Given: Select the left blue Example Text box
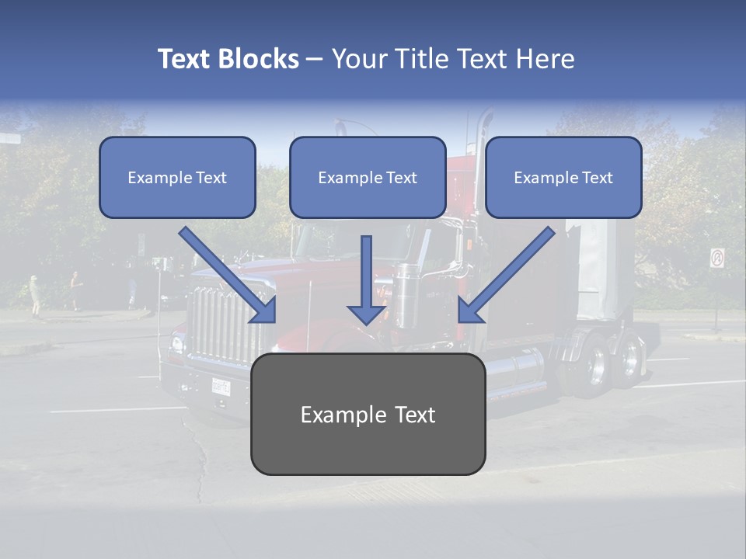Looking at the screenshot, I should point(177,177).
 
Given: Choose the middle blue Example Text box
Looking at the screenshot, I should point(368,177).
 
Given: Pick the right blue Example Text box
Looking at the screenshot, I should point(563,177).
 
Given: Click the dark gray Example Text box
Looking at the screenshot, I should point(368,414).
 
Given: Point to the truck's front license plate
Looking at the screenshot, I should point(221,385).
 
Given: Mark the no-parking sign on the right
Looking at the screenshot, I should point(716,258).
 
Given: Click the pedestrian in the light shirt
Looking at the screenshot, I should point(34,294).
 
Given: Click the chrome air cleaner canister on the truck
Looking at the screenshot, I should point(406,295).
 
